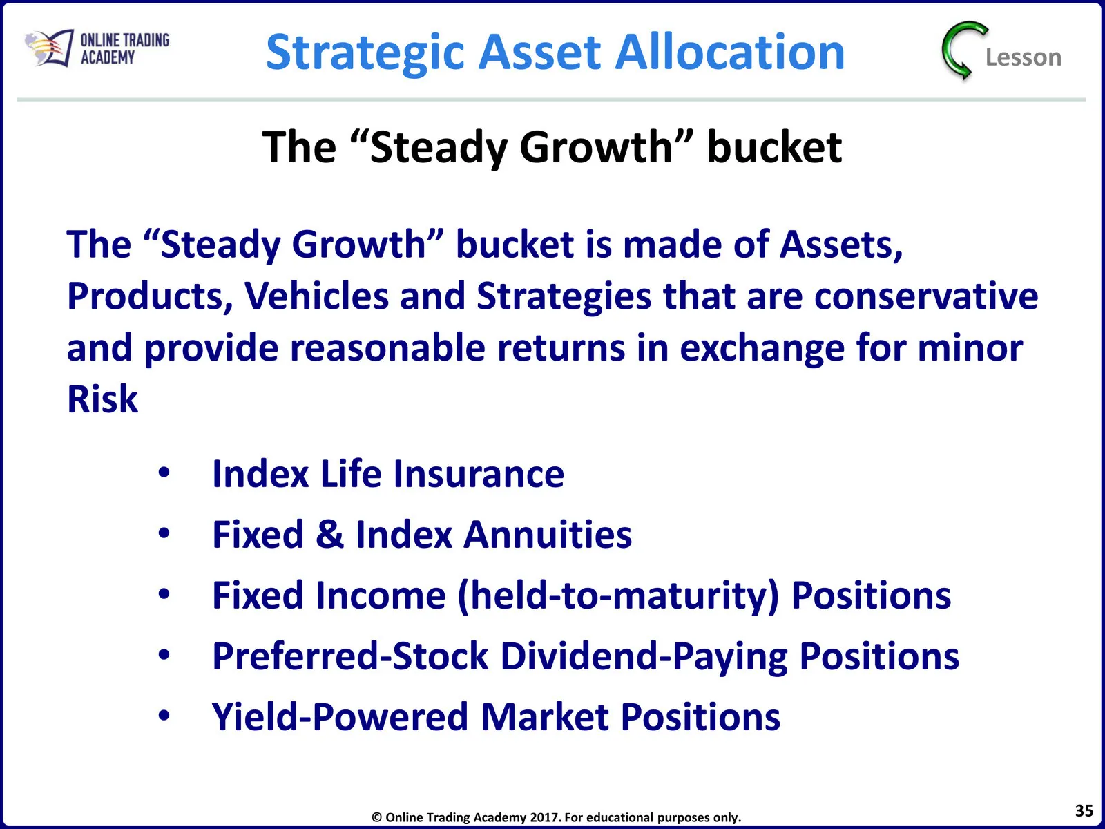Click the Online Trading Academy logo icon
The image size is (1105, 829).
[49, 48]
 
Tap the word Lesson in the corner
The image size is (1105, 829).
[1023, 57]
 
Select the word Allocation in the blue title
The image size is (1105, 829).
[729, 52]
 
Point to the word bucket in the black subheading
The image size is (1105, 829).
[774, 147]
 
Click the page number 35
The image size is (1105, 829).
[1084, 810]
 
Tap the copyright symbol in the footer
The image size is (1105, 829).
[376, 817]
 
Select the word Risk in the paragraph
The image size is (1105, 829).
[102, 399]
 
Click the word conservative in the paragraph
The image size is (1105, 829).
[926, 296]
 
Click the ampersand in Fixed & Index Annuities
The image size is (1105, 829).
[329, 535]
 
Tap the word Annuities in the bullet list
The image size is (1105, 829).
[547, 535]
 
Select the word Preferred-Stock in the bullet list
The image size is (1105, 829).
[350, 656]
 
